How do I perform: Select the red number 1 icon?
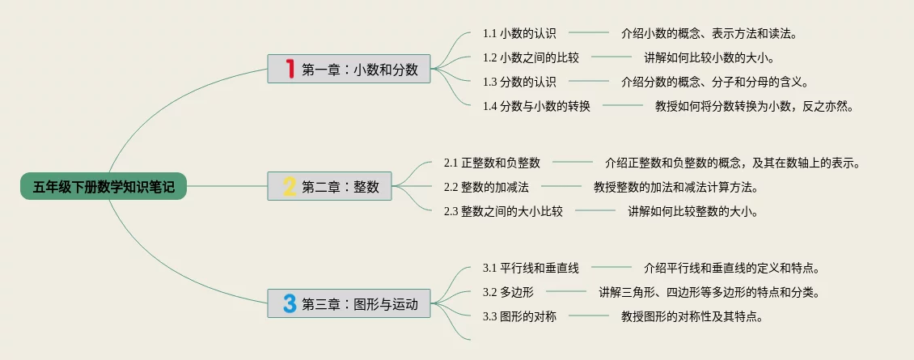(289, 69)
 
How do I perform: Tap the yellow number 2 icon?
(289, 187)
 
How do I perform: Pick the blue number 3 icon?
(289, 304)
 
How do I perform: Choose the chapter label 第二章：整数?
(341, 187)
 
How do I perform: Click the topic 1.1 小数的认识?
(519, 34)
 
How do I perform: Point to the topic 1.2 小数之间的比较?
(531, 58)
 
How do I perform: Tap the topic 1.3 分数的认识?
(519, 82)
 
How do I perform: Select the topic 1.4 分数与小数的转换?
(536, 106)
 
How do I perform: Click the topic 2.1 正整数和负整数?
(492, 163)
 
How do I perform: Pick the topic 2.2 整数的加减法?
(486, 187)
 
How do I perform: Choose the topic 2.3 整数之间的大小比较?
(503, 211)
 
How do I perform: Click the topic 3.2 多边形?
(508, 292)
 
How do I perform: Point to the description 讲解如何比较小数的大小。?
(709, 58)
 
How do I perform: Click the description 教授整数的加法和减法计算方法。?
(675, 187)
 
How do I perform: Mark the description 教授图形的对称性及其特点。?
(692, 316)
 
